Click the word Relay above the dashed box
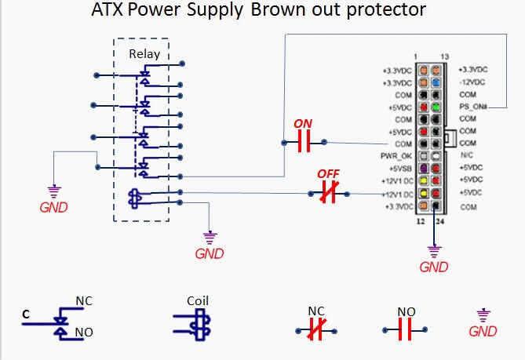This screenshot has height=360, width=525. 144,55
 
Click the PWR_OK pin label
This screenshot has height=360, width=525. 397,156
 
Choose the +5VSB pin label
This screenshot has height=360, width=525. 399,168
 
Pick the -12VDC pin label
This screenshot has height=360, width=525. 473,82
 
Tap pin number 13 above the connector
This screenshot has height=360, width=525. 445,56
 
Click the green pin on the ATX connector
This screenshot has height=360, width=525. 436,107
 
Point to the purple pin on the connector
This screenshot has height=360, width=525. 423,168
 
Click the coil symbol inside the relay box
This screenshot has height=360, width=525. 135,198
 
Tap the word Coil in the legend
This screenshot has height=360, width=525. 198,300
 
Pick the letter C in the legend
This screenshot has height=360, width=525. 26,315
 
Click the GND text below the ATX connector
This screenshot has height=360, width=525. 434,267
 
